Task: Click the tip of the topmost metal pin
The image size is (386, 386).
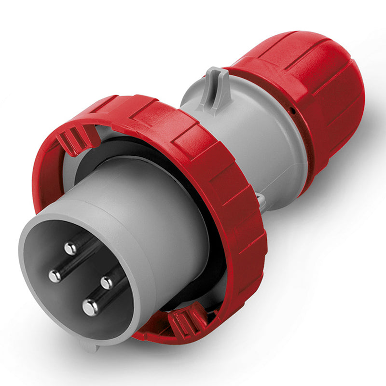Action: point(71,248)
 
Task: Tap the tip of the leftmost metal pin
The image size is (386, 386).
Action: point(55,276)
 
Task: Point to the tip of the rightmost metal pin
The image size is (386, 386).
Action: point(107,282)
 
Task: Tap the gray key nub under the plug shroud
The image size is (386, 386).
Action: point(90,345)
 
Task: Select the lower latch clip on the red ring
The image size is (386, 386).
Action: point(188,321)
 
